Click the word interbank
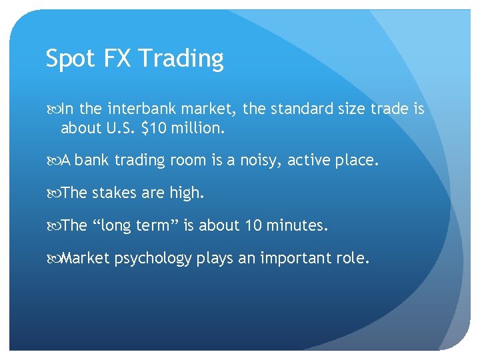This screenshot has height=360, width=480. (x=139, y=109)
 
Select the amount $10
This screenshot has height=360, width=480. (x=153, y=127)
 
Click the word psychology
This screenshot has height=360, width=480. (x=153, y=258)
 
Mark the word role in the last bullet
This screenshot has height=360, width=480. (x=351, y=258)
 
